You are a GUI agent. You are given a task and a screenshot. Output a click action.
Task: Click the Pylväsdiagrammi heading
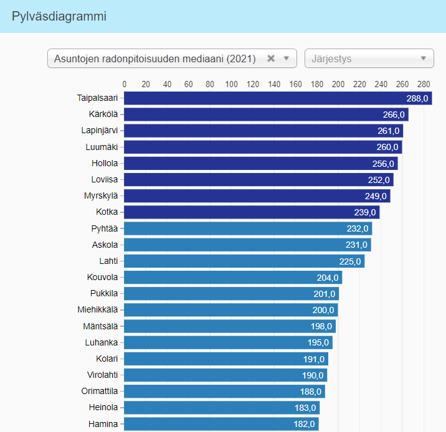coord(59,17)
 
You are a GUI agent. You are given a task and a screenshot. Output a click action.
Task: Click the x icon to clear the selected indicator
coord(271,59)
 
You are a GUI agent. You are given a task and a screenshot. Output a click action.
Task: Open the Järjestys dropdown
coord(369,59)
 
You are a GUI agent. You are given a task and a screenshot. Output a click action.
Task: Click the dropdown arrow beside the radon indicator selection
coord(287,59)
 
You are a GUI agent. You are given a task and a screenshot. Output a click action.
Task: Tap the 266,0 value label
coord(394,115)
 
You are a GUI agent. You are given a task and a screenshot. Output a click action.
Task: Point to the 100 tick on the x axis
coord(231,85)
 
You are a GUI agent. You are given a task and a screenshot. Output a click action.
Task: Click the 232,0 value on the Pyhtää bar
coord(358,228)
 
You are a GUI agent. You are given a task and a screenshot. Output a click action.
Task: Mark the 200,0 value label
coord(324,310)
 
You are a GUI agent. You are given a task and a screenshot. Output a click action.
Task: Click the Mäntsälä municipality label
coord(100,326)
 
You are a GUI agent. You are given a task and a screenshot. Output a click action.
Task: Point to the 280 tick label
coord(424,85)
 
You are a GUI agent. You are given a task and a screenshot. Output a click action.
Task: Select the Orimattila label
coord(100,391)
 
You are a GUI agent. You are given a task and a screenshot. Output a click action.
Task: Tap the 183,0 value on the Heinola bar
coord(306,408)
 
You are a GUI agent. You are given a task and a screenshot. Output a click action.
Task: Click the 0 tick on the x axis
coord(125,85)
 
